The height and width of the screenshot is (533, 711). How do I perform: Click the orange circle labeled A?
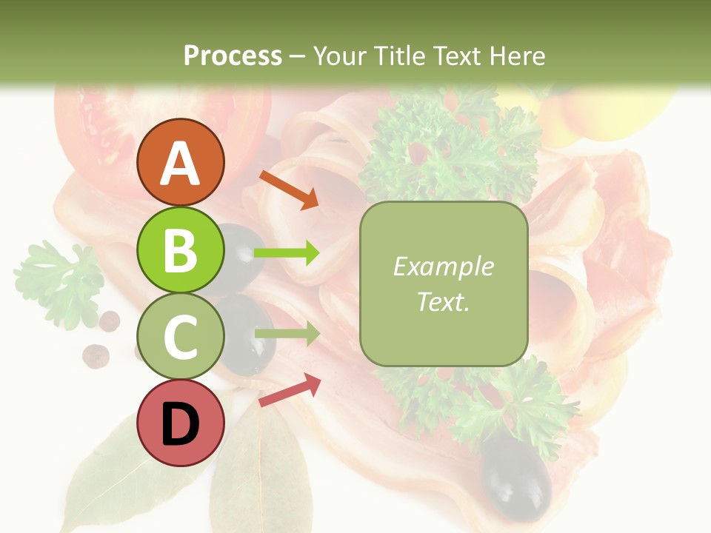click(x=181, y=162)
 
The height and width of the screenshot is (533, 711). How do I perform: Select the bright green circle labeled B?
click(x=181, y=249)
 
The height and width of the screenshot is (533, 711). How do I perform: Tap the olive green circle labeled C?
click(x=181, y=336)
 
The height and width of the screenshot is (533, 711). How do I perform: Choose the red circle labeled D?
click(x=181, y=423)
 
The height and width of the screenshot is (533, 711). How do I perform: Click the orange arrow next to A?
click(x=290, y=190)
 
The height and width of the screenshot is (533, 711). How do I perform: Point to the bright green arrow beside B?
click(x=286, y=253)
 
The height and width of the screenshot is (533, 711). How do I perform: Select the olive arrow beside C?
click(x=286, y=334)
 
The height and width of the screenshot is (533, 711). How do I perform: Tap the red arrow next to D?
click(x=290, y=389)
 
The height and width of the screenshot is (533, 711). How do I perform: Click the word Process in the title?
click(x=233, y=56)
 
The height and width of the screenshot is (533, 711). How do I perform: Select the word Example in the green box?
click(x=443, y=266)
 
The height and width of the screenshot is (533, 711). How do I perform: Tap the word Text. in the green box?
click(x=443, y=301)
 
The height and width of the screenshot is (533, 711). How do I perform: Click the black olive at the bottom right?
click(x=516, y=477)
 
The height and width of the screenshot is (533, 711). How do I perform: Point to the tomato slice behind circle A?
click(x=96, y=133)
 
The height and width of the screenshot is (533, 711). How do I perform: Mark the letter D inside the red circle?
click(x=181, y=424)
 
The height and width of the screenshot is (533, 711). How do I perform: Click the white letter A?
click(x=181, y=164)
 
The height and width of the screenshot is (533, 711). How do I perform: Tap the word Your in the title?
click(x=337, y=56)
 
